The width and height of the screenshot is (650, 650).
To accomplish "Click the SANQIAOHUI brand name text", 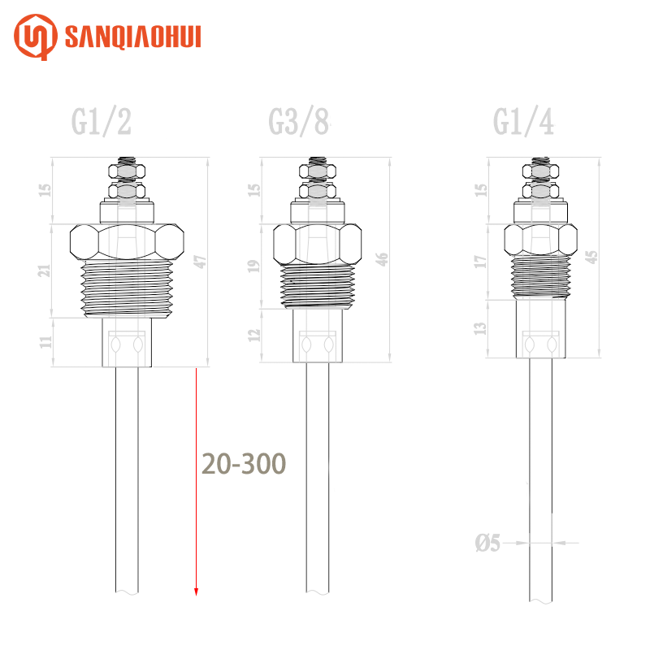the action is [x=133, y=37].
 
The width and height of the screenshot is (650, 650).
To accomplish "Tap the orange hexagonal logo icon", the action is [x=36, y=37].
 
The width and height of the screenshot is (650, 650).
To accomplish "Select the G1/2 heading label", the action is [x=101, y=121].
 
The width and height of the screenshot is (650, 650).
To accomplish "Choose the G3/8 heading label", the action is [x=299, y=121].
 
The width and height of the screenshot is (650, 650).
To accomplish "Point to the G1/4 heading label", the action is [x=523, y=121].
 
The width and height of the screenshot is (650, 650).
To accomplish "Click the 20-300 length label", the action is [x=244, y=463].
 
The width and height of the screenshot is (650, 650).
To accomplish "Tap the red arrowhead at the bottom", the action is [x=196, y=592].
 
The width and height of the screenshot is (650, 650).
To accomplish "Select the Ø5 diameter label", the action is [x=487, y=543].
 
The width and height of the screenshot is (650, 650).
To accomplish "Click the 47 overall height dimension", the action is [x=200, y=262].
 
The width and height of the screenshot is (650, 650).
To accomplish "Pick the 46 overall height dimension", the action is [x=382, y=259].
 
